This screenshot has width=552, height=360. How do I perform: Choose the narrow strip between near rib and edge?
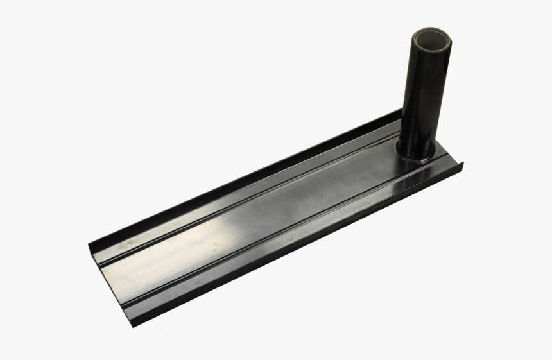click(282, 241)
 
